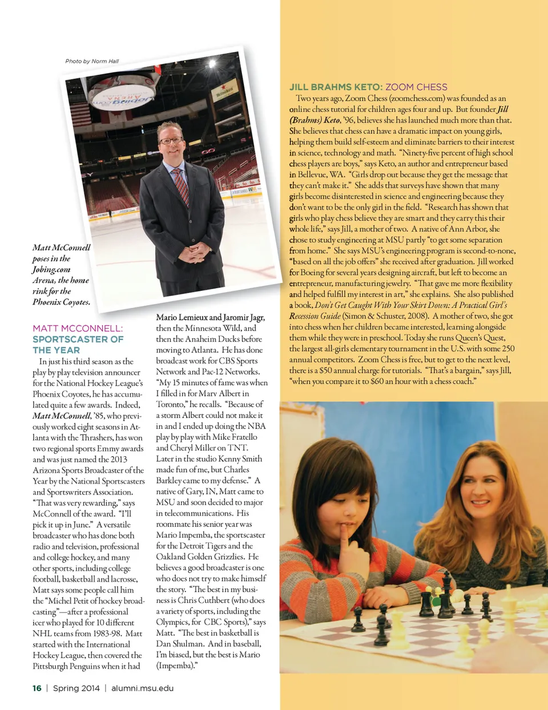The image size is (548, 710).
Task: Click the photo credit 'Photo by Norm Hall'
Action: (92, 61)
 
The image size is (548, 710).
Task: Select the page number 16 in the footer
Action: (37, 688)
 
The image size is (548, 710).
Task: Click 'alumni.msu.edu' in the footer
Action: (142, 688)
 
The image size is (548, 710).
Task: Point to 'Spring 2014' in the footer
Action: (76, 688)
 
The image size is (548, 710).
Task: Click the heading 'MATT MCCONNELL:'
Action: (78, 328)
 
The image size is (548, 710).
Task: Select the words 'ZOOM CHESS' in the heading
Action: (416, 87)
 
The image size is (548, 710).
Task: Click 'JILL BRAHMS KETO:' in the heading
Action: (336, 87)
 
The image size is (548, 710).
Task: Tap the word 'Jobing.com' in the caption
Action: (51, 269)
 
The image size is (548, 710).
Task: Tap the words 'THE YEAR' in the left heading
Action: (56, 350)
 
